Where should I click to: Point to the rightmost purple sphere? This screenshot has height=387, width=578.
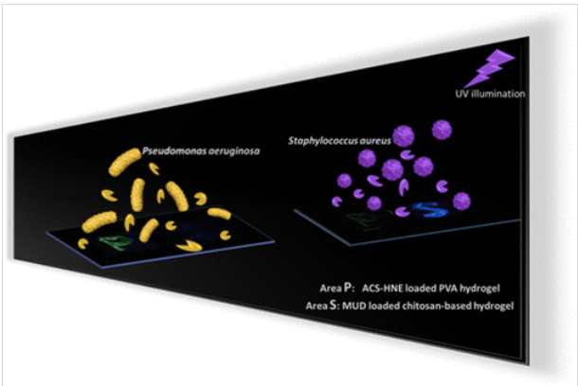click(462, 201)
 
